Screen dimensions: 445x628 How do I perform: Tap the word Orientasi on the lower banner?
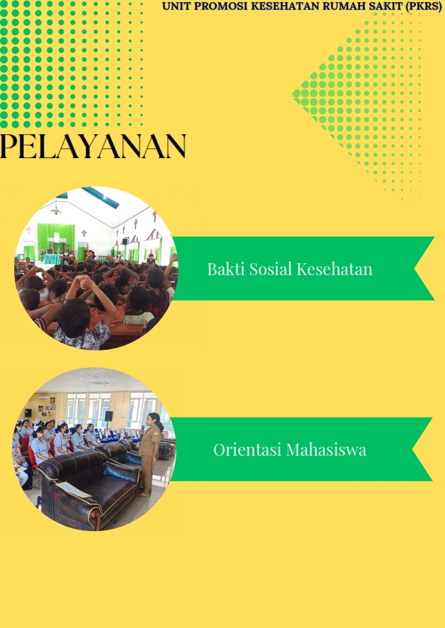247,450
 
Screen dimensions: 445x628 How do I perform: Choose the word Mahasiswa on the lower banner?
326,450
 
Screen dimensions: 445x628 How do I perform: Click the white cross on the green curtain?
57,237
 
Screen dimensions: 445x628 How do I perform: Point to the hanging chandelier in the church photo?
56,208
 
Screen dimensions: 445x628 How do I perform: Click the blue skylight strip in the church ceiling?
101,196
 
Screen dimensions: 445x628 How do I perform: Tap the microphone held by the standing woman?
143,430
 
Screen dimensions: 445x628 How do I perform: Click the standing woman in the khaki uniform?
150,454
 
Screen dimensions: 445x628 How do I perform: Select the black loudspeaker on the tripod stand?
109,415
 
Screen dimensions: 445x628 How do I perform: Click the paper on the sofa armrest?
73,489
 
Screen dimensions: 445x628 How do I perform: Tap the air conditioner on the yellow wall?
44,398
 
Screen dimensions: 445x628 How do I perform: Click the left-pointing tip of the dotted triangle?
292,95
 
